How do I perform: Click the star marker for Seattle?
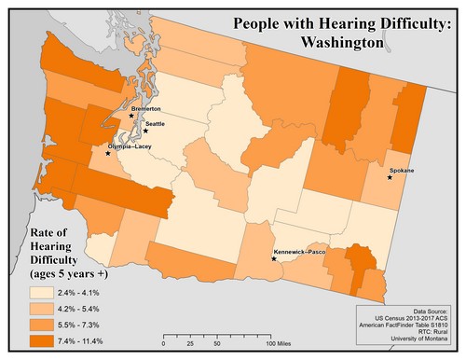pyautogui.click(x=145, y=132)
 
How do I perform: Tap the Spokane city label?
pyautogui.click(x=402, y=170)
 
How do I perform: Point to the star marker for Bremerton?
pyautogui.click(x=131, y=116)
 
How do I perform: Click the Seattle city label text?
pyautogui.click(x=156, y=124)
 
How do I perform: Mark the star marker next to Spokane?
pyautogui.click(x=390, y=177)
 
